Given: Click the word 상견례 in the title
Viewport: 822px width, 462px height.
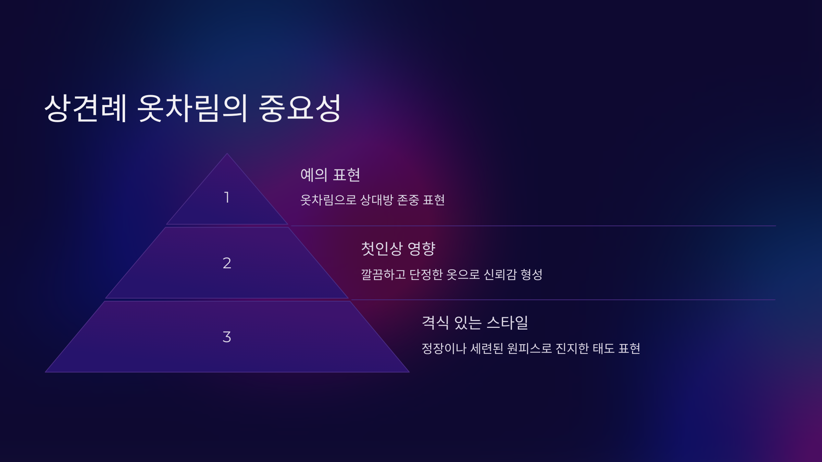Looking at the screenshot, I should [x=86, y=108].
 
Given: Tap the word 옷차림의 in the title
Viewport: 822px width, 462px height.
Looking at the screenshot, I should [x=192, y=108].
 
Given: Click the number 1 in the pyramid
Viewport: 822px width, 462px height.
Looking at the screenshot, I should [x=226, y=197].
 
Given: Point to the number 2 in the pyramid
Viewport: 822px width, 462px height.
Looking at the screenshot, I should [x=227, y=263].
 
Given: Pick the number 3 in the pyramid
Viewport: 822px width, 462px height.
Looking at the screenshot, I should [x=227, y=337].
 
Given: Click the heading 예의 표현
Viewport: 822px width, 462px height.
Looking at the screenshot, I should [x=330, y=175].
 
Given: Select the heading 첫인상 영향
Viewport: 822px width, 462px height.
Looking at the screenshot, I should [x=398, y=249].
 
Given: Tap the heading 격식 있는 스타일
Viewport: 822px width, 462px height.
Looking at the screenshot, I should [x=475, y=323].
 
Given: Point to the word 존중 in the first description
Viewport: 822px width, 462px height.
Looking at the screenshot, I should [x=408, y=200].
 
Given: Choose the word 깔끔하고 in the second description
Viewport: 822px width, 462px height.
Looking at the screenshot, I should [x=383, y=274].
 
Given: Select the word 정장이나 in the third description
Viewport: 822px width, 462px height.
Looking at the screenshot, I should [x=444, y=349].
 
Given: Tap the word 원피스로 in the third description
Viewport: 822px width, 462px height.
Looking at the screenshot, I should [x=530, y=349].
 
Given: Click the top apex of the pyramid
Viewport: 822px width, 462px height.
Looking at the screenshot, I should [x=227, y=154].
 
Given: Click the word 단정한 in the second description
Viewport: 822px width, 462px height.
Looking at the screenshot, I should [x=426, y=274].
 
